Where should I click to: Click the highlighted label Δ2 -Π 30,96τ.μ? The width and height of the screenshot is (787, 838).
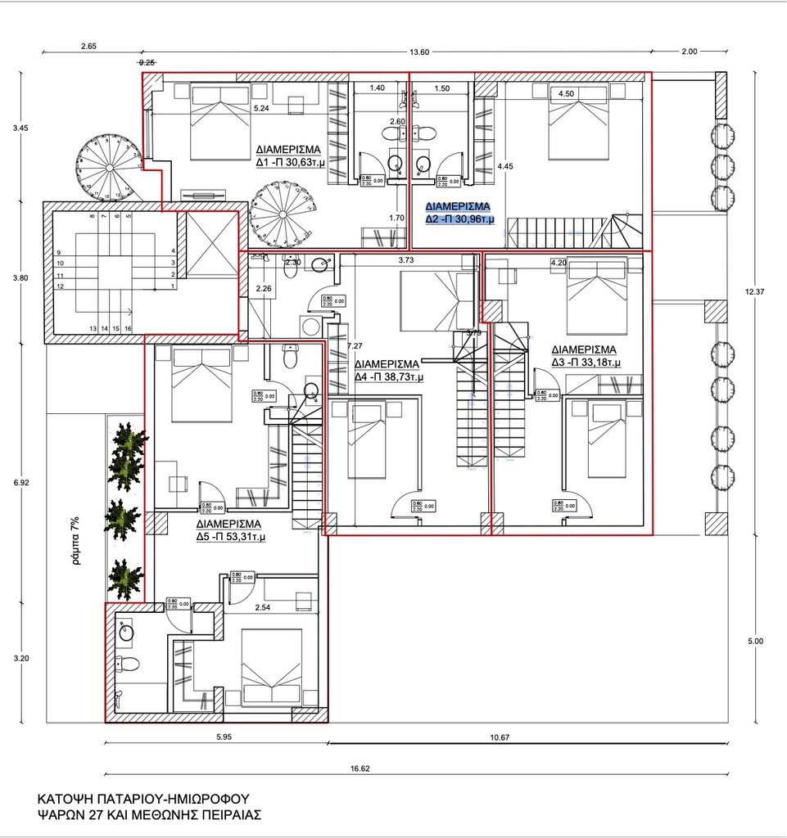tap(459, 219)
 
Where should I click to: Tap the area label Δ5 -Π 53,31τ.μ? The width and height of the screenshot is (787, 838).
tap(230, 537)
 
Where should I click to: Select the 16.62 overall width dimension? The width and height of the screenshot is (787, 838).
tap(360, 768)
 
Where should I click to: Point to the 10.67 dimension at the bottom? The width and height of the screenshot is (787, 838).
tap(500, 737)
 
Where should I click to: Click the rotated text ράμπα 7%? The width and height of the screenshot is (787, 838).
tap(75, 541)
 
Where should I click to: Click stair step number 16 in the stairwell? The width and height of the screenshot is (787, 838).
tap(129, 328)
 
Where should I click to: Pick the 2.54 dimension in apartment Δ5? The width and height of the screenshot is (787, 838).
tap(263, 608)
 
